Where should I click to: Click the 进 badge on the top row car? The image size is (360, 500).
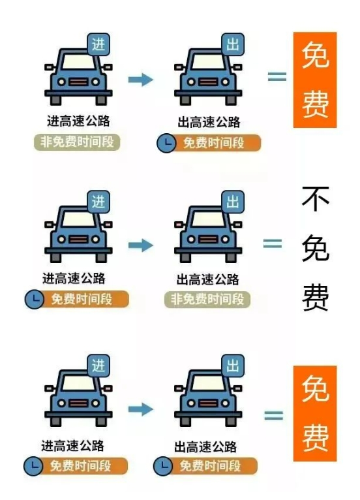coord(98,44)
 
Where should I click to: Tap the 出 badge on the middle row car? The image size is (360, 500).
coord(233,202)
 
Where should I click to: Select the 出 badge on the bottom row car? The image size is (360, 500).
coord(233,366)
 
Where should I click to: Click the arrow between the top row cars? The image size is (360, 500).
coord(140,80)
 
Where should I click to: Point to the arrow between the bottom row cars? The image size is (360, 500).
coord(140,409)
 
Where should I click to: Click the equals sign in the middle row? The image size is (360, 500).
coord(273,244)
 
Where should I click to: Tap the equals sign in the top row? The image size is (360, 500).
coord(277,77)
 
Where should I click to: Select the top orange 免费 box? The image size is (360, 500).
coord(315,80)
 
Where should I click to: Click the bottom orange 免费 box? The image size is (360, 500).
coord(315,414)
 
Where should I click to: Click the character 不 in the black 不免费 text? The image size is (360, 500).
coord(316,199)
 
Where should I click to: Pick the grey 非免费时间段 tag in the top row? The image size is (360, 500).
coord(77,142)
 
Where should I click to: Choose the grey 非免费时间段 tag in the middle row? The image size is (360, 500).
coord(207,299)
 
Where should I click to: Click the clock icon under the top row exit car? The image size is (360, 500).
coord(166,143)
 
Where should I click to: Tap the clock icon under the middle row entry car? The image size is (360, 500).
coord(34,299)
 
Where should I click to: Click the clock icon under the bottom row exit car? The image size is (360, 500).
coord(163,466)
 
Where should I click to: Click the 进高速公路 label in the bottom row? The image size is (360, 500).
coord(72,445)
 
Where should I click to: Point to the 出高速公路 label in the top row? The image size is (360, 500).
coord(209,122)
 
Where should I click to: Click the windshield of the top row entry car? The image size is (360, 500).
coord(78,62)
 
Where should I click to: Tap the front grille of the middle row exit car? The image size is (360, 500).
coord(208,240)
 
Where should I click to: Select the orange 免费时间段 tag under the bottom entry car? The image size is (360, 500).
coord(76,466)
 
